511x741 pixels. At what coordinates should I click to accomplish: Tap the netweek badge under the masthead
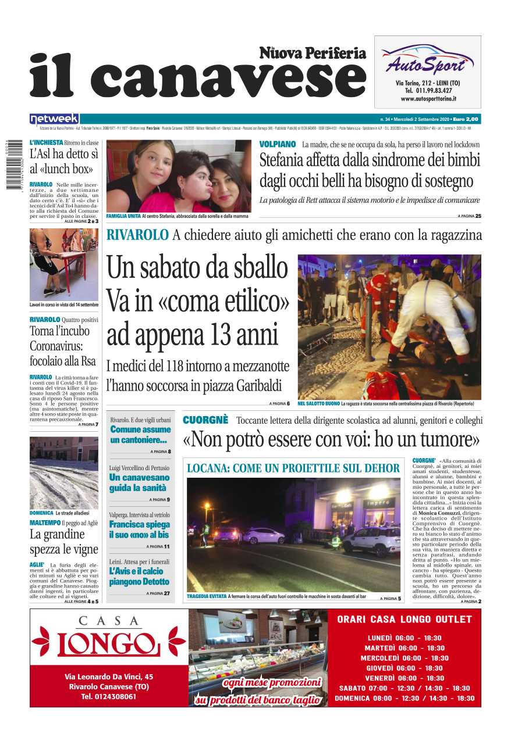pos(54,119)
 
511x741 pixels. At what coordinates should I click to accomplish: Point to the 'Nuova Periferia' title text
pos(313,53)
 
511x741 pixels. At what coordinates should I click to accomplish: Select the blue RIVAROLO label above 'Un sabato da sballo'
pos(137,235)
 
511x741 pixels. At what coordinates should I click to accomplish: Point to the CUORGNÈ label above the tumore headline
pos(205,420)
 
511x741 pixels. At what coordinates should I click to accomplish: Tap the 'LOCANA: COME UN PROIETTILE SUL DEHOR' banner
pos(293,468)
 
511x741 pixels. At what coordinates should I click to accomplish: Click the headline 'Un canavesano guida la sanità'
pos(139,482)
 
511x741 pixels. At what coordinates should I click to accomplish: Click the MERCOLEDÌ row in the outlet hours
pos(404,658)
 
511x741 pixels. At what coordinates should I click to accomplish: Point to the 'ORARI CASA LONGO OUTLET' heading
pos(404,620)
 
